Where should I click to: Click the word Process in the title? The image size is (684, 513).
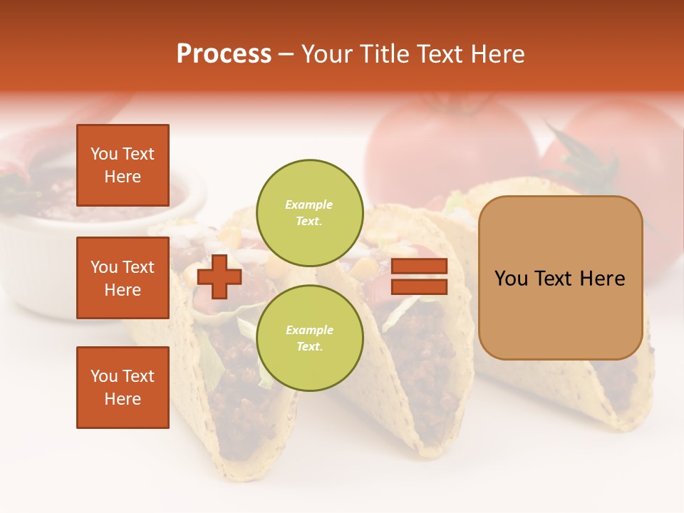tap(224, 54)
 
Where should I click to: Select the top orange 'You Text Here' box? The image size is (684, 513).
tap(123, 165)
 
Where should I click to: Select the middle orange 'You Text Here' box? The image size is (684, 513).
tap(123, 278)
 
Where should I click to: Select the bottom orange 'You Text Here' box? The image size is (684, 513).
tap(123, 387)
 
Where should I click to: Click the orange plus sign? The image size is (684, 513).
tap(219, 276)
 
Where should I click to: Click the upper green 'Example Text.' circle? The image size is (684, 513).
tap(309, 212)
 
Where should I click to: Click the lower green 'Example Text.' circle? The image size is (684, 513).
tap(309, 338)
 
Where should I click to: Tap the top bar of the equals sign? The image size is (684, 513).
tap(420, 266)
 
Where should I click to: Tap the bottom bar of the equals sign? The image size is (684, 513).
tap(420, 287)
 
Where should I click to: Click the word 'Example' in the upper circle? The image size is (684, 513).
tap(309, 204)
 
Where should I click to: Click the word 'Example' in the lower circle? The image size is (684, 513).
tap(309, 330)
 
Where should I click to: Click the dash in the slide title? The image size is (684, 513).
tap(286, 55)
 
